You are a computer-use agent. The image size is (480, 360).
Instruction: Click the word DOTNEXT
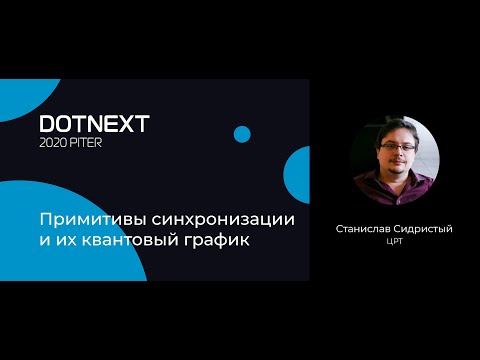point(94,124)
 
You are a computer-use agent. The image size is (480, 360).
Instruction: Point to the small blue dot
point(242,134)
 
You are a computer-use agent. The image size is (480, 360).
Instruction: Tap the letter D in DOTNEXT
point(47,124)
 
